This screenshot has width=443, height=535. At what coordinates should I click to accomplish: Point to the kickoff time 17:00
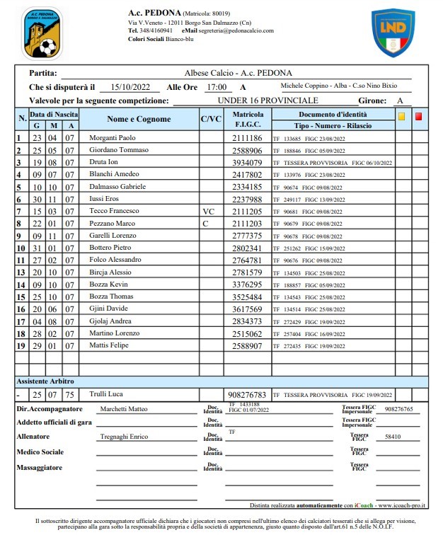(215, 87)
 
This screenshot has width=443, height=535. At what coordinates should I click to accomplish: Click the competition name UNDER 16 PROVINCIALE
(267, 100)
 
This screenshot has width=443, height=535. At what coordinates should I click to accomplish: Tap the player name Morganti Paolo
(113, 137)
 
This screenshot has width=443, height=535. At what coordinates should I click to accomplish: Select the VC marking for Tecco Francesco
(208, 212)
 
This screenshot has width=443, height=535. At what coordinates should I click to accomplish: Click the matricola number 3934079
(248, 162)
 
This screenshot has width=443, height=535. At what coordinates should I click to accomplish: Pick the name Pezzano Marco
(112, 224)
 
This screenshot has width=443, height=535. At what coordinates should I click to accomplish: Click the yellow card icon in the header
(401, 117)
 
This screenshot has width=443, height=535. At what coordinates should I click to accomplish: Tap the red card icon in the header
(418, 117)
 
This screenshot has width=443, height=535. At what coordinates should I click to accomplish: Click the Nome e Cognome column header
(139, 120)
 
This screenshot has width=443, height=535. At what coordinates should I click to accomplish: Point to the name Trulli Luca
(107, 394)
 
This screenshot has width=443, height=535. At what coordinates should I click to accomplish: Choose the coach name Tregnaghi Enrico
(125, 437)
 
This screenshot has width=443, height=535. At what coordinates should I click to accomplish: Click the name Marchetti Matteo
(125, 409)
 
